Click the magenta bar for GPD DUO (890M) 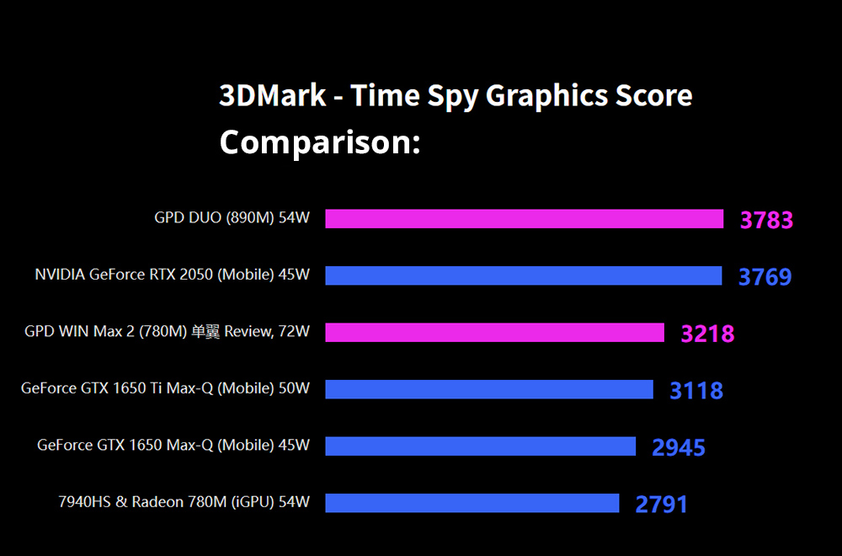(524, 219)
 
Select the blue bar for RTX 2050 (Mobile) (523, 275)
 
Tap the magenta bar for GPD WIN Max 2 (494, 333)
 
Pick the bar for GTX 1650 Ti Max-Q (488, 389)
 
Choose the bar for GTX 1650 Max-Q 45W (480, 446)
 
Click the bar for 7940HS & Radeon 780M (472, 503)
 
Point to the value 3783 (766, 221)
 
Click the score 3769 (765, 277)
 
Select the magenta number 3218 (707, 334)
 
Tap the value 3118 (695, 391)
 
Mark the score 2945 (678, 448)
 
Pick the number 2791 (661, 505)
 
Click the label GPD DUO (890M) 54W (232, 218)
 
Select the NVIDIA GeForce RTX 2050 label (172, 275)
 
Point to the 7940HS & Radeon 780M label (184, 502)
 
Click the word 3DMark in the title (272, 95)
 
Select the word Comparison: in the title (319, 142)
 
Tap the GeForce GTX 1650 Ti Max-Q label (165, 388)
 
